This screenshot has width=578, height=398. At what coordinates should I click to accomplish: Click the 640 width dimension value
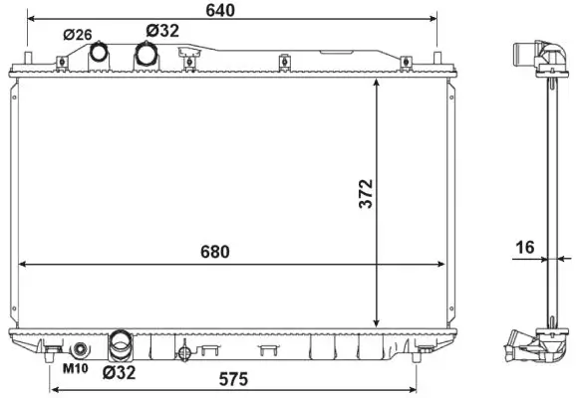(x=220, y=11)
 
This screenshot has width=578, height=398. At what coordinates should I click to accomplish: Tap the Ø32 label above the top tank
(x=162, y=31)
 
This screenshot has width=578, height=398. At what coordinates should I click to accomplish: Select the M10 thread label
(x=75, y=370)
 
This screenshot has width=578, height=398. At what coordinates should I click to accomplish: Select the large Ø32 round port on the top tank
(x=146, y=56)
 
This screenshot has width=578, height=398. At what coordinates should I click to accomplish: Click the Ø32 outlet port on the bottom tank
(x=120, y=346)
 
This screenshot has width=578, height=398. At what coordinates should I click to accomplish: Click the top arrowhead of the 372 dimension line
(x=376, y=83)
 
